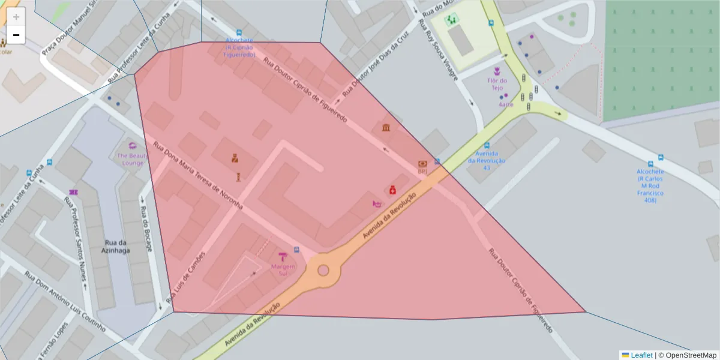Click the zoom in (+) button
[16, 17]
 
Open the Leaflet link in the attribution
[641, 355]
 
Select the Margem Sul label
[283, 270]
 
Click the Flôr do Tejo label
[497, 84]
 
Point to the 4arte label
[506, 104]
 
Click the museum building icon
[386, 127]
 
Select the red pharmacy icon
[392, 190]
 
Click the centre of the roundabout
[323, 270]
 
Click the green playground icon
[451, 20]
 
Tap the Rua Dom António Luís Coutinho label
[65, 302]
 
